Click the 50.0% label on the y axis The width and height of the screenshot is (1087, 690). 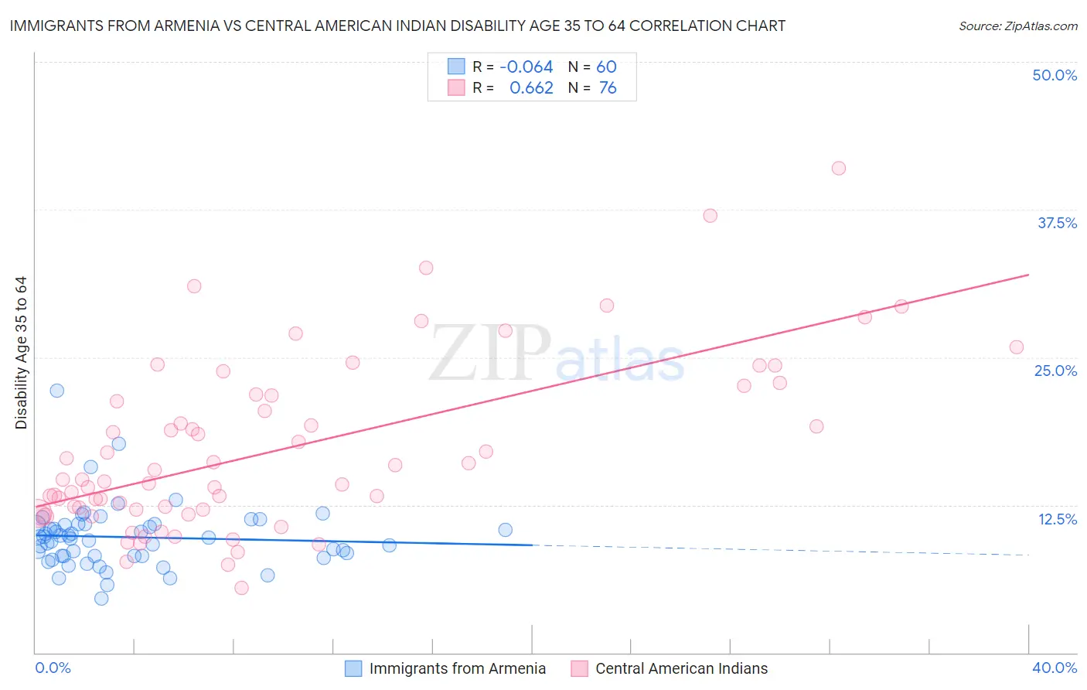point(1055,75)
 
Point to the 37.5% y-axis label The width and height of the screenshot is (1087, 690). point(1057,223)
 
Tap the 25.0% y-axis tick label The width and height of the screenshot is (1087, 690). point(1055,371)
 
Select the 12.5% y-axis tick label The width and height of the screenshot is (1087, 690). point(1057,519)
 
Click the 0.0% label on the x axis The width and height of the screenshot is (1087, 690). point(53,668)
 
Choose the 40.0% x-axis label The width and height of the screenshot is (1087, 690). point(1055,668)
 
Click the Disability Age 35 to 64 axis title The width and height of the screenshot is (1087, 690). point(21,353)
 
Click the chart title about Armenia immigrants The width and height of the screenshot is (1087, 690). point(397,26)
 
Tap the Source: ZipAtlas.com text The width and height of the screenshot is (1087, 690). point(1017,26)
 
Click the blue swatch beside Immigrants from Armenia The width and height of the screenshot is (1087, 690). point(353,668)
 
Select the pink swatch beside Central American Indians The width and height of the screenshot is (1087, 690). point(579,668)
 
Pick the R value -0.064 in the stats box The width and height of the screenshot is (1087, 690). point(526,67)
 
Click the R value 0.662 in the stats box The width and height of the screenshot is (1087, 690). point(531,88)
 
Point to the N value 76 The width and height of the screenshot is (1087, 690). point(608,88)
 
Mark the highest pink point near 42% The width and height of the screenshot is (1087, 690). point(838,169)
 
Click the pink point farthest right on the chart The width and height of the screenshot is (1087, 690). point(1016,347)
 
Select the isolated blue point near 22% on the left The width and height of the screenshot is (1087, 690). point(56,391)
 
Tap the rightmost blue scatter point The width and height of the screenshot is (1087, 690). point(505,530)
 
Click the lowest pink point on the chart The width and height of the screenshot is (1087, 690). point(241,588)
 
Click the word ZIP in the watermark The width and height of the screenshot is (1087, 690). point(489,353)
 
